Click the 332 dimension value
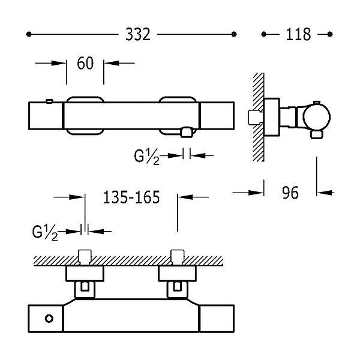[138, 34]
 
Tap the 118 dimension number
[298, 34]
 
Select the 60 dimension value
[85, 63]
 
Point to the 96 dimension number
[290, 193]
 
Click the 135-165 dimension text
[131, 197]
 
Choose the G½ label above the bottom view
[45, 233]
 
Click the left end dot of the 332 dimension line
[29, 34]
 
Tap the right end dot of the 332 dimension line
[234, 34]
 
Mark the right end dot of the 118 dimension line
[330, 34]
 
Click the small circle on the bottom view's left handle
[49, 319]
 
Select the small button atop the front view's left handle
[49, 101]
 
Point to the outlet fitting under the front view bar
[186, 133]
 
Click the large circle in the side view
[317, 117]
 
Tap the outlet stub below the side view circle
[317, 134]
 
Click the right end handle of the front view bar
[217, 116]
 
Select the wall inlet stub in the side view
[255, 118]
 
